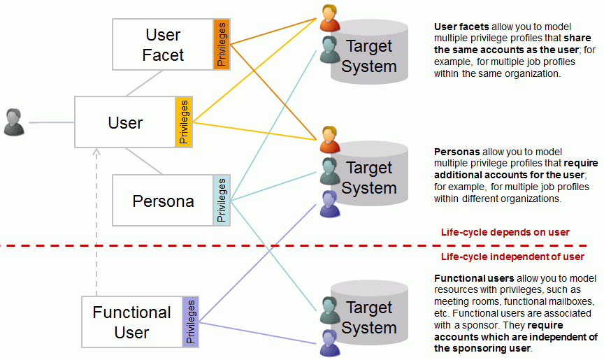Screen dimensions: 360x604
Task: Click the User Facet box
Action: coord(162,45)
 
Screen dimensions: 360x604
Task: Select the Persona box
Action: coord(163,201)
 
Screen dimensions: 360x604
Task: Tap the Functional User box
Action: coord(132,322)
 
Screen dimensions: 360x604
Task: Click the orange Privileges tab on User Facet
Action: coord(222,45)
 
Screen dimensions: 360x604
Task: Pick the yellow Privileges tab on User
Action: coord(184,122)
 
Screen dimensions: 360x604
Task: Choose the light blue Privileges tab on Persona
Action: coord(222,201)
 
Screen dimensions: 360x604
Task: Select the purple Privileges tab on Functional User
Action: coord(191,322)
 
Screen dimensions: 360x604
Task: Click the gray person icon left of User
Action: coord(14,122)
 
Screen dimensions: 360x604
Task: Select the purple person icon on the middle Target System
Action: coord(329,203)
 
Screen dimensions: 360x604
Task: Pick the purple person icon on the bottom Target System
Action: coord(329,341)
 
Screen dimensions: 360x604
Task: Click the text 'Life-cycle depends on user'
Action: coord(505,232)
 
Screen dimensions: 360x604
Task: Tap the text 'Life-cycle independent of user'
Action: coord(512,257)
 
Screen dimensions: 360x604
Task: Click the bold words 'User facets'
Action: coord(459,27)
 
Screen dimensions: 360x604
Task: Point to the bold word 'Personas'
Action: coord(456,151)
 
